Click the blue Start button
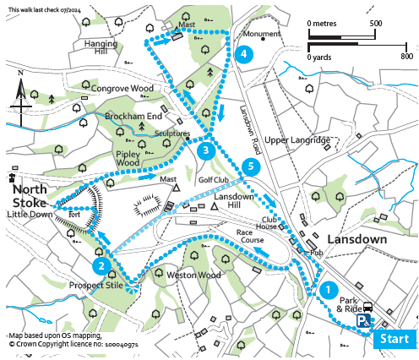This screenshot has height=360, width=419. point(395,340)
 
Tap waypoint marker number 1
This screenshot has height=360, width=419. point(326,288)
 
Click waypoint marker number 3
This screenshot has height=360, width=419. point(205,151)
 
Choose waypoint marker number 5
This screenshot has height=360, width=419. point(249,166)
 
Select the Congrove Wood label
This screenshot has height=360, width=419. point(122,88)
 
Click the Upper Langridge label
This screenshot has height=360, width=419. point(297,139)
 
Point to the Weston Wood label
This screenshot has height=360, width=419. point(194,275)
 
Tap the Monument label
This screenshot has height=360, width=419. point(261,35)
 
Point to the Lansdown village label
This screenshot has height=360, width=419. point(356,239)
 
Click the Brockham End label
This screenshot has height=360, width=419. point(131,117)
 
